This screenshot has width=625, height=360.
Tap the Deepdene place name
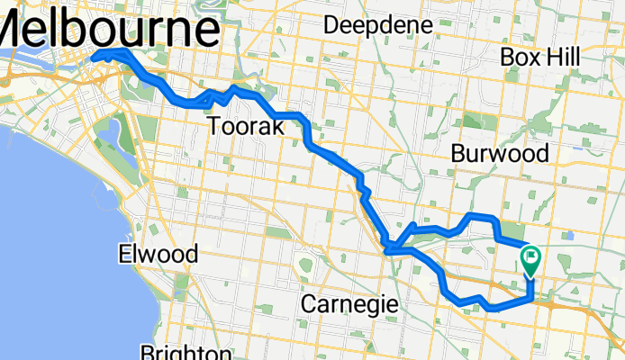tap(377, 25)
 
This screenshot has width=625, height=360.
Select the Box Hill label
tap(539, 57)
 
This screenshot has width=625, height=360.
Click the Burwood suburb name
tap(500, 154)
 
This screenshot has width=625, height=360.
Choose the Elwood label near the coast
tap(158, 255)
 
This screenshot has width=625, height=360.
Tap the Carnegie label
tap(349, 304)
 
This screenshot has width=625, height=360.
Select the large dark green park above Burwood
tap(472, 122)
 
